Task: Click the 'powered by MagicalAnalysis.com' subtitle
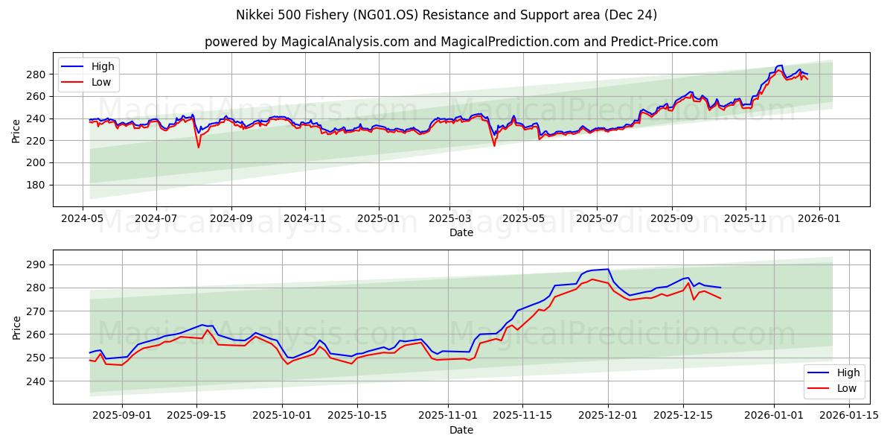[x=461, y=42]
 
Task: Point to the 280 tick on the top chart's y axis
[x=36, y=74]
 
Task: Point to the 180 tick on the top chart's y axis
[x=36, y=185]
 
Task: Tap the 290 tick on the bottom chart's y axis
[x=36, y=264]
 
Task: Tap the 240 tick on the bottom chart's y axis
[x=36, y=381]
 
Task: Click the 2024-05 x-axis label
[x=83, y=220]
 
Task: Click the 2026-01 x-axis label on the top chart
[x=819, y=220]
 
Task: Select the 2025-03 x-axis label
[x=449, y=220]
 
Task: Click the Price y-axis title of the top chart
[x=16, y=130]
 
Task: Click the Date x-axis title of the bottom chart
[x=461, y=431]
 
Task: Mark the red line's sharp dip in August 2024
[x=198, y=147]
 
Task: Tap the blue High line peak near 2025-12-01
[x=608, y=269]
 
